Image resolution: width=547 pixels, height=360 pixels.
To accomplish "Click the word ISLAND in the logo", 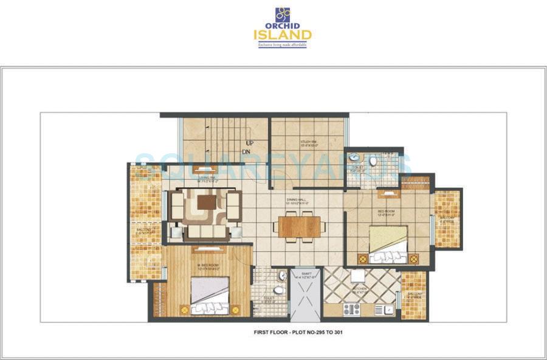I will pyautogui.click(x=282, y=35).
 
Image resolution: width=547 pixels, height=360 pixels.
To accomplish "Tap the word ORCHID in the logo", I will pyautogui.click(x=283, y=26).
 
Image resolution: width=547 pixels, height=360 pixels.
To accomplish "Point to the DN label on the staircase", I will pyautogui.click(x=246, y=151).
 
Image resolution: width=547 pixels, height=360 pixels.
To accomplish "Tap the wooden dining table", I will pyautogui.click(x=298, y=226).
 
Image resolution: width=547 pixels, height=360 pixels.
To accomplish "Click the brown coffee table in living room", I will pyautogui.click(x=206, y=202).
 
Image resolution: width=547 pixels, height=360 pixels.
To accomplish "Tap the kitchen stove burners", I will pyautogui.click(x=352, y=309).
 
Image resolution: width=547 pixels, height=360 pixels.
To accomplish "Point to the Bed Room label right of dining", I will pyautogui.click(x=387, y=212).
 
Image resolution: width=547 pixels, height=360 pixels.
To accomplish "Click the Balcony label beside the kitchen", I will pyautogui.click(x=415, y=294).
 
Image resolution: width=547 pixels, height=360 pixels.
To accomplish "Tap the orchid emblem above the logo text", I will pyautogui.click(x=283, y=14).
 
